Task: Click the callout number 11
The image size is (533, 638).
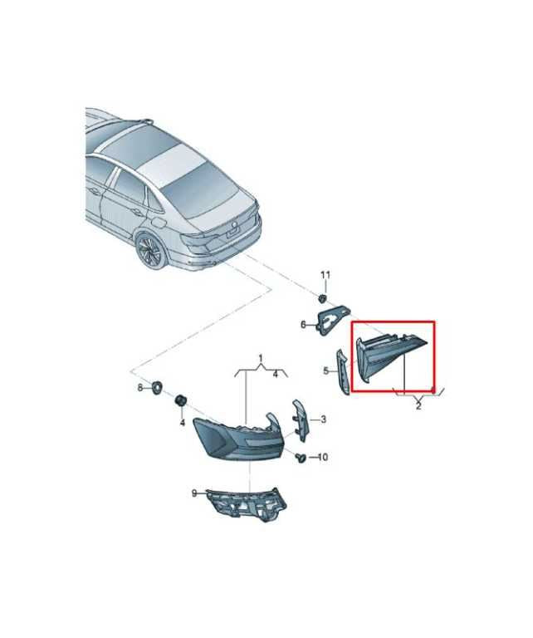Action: coord(325,276)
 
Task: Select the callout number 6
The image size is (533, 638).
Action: coord(303,325)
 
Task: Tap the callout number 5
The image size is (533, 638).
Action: coord(326,371)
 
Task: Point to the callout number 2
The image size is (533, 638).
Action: coord(418,405)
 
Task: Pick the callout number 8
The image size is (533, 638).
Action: coord(140,388)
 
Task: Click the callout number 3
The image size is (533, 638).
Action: coord(323,419)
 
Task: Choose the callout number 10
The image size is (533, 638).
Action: coord(322,458)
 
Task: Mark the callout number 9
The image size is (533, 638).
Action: coord(194,493)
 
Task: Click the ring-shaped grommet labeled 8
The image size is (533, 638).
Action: coord(157,387)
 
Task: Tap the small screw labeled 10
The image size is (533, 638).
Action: coord(300,458)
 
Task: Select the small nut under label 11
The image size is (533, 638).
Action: coord(321,298)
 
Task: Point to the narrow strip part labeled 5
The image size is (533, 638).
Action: coord(342,371)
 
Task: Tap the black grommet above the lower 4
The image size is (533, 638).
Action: coord(180,400)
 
